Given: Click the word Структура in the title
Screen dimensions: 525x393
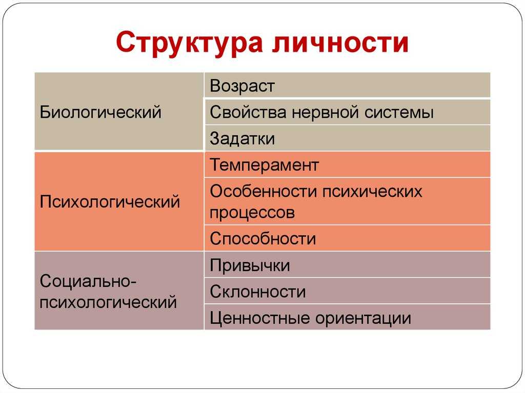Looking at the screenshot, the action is point(189,43).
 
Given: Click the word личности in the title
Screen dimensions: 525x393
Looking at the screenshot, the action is point(340,42).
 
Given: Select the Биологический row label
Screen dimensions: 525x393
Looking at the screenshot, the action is point(100,112).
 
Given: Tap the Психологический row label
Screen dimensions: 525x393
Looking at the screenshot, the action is point(110,201).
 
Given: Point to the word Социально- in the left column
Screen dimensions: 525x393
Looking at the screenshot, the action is point(88,281).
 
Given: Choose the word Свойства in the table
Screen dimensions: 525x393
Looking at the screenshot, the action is point(248,112).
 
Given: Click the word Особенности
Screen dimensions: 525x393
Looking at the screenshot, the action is point(263,191).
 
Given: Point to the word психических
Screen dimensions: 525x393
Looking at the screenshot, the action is point(372,192).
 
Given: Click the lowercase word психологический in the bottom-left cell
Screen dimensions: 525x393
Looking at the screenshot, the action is point(108,302).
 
